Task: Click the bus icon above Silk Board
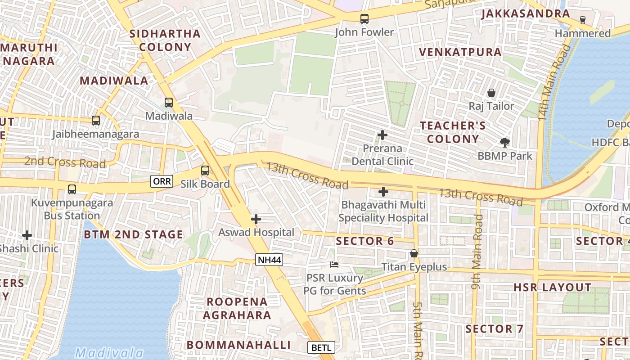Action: coord(205,171)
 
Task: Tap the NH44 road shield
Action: coord(269,260)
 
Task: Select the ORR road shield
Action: coord(162,181)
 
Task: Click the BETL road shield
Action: coord(321,347)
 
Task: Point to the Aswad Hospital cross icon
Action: coord(256,219)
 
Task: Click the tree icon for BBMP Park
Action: coord(505,143)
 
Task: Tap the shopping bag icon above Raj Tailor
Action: coord(491,93)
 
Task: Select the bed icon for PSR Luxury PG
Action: coord(334,264)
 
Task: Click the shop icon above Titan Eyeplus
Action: coord(414,254)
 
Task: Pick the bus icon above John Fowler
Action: coord(364,19)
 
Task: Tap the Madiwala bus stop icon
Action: coord(169,103)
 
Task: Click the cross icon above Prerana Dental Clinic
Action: coord(382,135)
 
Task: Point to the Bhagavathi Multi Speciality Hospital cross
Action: coord(383,192)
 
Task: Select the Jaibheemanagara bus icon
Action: coord(96,121)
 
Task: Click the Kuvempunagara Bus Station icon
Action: coord(72,189)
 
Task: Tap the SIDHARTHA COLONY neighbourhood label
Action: coord(165,40)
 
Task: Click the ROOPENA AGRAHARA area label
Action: coord(237,308)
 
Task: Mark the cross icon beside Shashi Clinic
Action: coord(27,235)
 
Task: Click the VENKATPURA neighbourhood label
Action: coord(460,52)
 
